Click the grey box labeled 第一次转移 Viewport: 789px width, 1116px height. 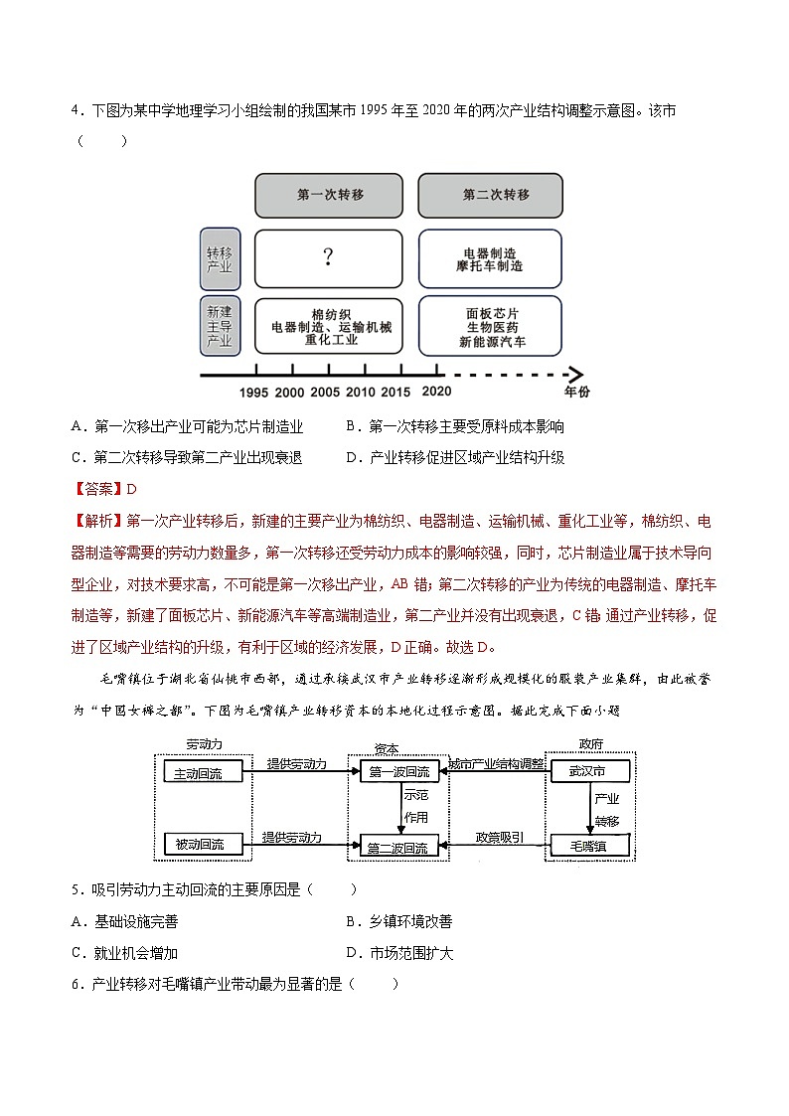[x=329, y=196]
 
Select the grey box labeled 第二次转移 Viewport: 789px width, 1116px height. [x=490, y=196]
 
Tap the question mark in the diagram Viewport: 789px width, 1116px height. [x=328, y=258]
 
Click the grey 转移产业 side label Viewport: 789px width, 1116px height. [x=220, y=258]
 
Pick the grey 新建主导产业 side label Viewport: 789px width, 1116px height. [x=220, y=325]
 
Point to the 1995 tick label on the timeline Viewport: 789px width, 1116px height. [x=254, y=393]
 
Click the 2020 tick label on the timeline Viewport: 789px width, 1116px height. [x=436, y=393]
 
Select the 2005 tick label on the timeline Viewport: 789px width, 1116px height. [x=325, y=393]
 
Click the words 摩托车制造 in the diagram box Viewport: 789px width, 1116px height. [x=490, y=266]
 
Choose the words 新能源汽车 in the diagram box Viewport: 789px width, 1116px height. [x=492, y=342]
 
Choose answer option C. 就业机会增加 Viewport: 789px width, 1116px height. [x=124, y=953]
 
